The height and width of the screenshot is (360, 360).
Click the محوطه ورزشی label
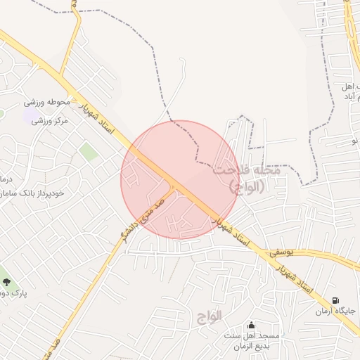tap(50, 103)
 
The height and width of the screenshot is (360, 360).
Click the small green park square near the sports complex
tap(88, 151)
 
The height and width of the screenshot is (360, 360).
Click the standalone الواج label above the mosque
tap(205, 316)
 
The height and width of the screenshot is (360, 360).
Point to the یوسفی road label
tap(286, 251)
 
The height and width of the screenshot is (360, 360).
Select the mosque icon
tap(251, 325)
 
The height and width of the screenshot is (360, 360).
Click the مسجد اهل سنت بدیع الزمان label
tap(252, 340)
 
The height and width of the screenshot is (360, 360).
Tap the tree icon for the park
tap(6, 282)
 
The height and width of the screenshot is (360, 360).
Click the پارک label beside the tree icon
tap(14, 293)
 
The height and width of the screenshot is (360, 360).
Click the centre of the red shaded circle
tap(179, 179)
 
